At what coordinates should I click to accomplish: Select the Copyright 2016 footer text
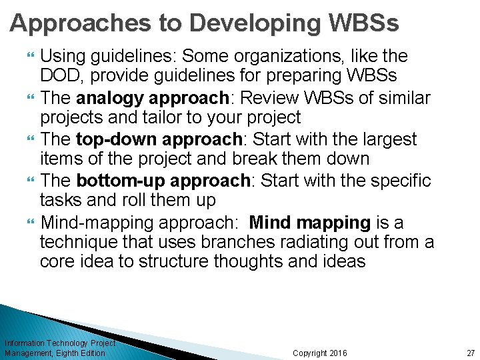(319, 353)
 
